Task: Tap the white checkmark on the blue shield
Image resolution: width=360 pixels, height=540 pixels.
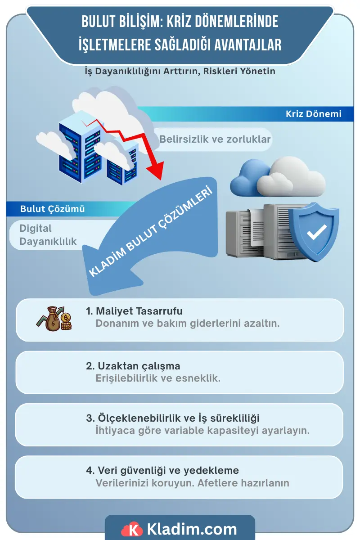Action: (317, 232)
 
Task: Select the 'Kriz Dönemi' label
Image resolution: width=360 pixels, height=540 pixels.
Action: (314, 114)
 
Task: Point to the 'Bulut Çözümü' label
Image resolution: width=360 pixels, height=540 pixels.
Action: (52, 209)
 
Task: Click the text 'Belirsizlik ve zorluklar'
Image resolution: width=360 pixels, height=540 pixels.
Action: (215, 139)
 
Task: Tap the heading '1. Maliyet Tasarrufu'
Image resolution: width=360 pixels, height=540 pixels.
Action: (134, 311)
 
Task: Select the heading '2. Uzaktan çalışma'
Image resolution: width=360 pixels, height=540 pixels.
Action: (133, 366)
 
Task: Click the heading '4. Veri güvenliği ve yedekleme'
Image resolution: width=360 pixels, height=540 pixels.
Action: (162, 470)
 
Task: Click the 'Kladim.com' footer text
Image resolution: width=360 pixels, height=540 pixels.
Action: (192, 529)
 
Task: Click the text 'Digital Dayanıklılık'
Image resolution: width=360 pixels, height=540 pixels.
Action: (48, 235)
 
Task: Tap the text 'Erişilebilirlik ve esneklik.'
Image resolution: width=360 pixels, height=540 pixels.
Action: (158, 378)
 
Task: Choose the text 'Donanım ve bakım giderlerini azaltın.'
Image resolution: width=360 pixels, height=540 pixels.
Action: (188, 323)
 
